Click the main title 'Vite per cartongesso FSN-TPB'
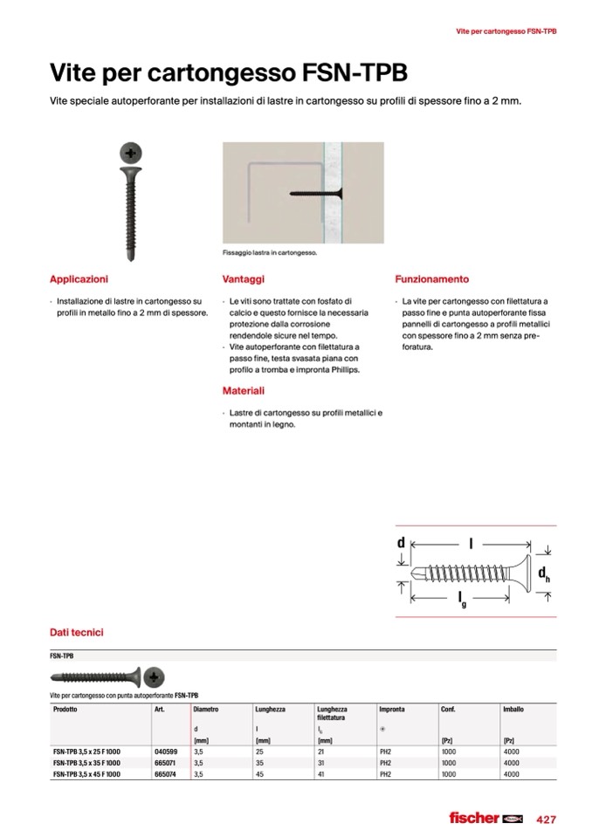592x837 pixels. click(x=229, y=72)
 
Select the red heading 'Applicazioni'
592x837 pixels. click(x=79, y=279)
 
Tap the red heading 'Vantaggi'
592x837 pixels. click(x=244, y=279)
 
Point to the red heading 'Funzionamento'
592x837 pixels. click(x=431, y=279)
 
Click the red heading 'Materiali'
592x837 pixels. click(x=244, y=391)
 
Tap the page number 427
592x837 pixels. click(x=547, y=819)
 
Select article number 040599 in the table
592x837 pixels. click(x=166, y=751)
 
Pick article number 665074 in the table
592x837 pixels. click(x=166, y=773)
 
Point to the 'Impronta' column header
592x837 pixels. click(x=392, y=710)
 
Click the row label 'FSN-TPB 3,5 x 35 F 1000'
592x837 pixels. click(x=86, y=762)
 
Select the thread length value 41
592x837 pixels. click(x=322, y=773)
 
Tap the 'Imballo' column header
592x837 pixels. click(x=513, y=710)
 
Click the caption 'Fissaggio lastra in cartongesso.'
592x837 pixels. click(x=270, y=252)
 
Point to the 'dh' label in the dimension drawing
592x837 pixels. click(x=542, y=573)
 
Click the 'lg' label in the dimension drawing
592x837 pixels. click(x=462, y=598)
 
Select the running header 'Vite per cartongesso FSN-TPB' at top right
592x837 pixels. click(x=506, y=31)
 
